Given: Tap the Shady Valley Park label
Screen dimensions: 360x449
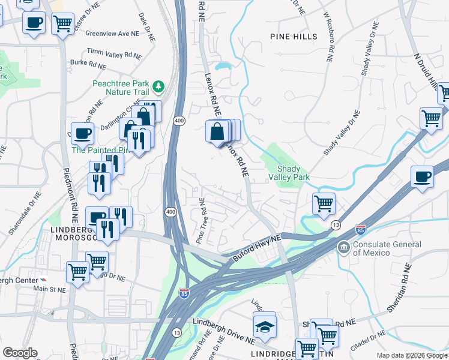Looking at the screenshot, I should click(293, 173).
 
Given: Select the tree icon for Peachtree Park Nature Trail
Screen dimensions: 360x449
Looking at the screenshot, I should click(158, 88).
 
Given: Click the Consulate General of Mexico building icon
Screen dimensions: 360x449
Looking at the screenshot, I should click(343, 247).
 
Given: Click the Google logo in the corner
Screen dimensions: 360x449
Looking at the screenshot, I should click(20, 353).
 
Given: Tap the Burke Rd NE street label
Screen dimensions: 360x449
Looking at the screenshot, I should click(88, 65).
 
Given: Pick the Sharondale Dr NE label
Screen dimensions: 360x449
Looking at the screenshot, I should click(24, 215).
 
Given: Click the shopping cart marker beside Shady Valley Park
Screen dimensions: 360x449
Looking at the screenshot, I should click(324, 204).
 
